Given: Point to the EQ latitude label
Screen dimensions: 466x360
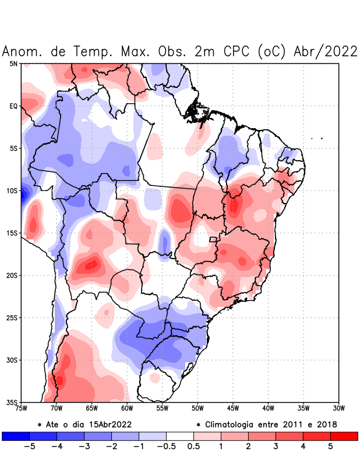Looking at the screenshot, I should coord(13,106).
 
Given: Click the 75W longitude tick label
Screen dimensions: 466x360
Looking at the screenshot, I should coord(22,408).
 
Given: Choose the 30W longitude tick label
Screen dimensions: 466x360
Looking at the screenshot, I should coord(339,408).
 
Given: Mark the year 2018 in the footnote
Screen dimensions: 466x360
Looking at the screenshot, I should coord(325,424).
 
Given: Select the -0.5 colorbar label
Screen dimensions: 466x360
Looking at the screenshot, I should coord(166,446).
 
